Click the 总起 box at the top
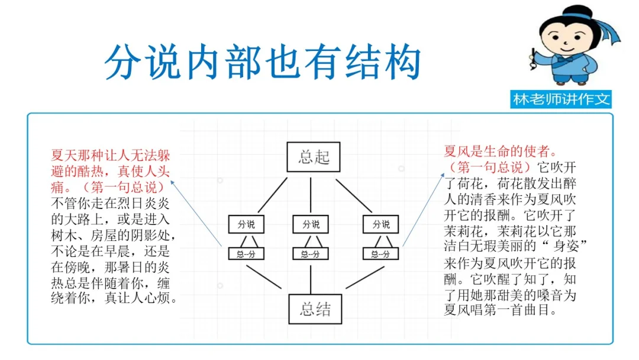pyautogui.click(x=314, y=157)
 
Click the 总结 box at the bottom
pyautogui.click(x=315, y=308)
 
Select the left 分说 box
pyautogui.click(x=246, y=225)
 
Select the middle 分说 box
pyautogui.click(x=311, y=225)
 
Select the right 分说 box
pyautogui.click(x=381, y=225)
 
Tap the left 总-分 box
pyautogui.click(x=246, y=254)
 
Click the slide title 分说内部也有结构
pyautogui.click(x=263, y=62)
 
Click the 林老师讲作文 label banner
pyautogui.click(x=561, y=99)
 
